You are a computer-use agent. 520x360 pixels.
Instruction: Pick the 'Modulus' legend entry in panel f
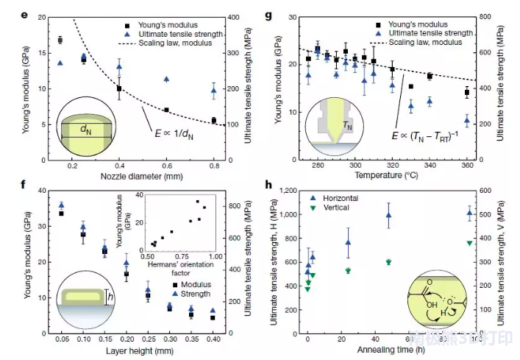[192, 283]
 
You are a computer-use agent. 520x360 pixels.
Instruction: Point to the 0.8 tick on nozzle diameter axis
[214, 166]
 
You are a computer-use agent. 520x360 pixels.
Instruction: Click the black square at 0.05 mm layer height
[61, 213]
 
